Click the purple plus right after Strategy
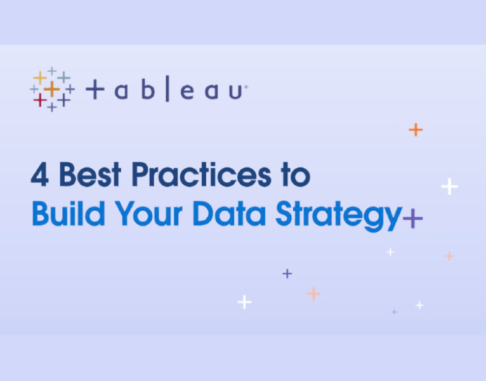click(413, 219)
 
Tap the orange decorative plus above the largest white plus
click(416, 130)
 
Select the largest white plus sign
click(449, 187)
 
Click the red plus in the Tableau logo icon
click(40, 100)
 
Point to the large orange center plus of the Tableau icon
click(51, 89)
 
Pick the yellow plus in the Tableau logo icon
click(40, 77)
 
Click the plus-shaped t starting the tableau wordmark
click(95, 90)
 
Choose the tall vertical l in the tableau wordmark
click(167, 90)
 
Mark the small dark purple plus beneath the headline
click(287, 274)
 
